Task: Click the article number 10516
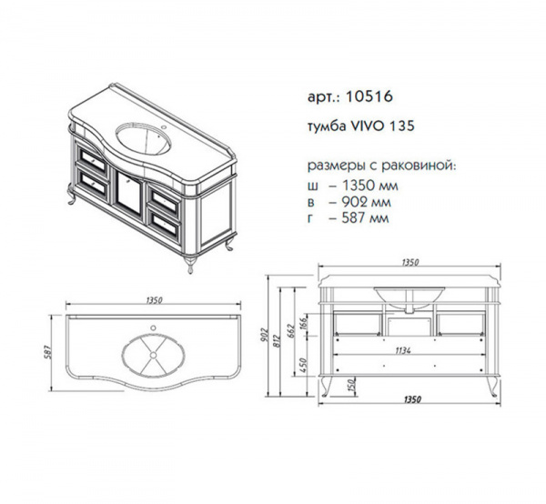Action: click(369, 96)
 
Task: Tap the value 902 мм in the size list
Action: click(367, 202)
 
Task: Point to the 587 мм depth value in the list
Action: click(366, 218)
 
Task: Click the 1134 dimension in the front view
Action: click(403, 351)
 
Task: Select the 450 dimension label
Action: click(303, 366)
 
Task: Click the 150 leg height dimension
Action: click(351, 386)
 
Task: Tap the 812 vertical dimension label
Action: click(277, 342)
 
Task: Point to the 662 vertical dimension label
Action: click(291, 331)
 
